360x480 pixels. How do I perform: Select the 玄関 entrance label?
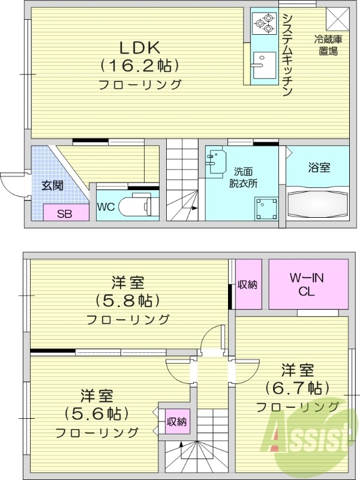(52, 185)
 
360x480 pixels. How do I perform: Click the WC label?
(106, 207)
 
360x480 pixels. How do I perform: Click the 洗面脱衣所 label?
(246, 178)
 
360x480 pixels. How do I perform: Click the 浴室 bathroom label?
(318, 168)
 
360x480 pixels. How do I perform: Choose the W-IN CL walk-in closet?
(308, 284)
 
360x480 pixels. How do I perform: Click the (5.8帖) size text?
(129, 300)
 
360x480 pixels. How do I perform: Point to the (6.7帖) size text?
(298, 388)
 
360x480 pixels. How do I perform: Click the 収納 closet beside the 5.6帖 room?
(176, 421)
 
